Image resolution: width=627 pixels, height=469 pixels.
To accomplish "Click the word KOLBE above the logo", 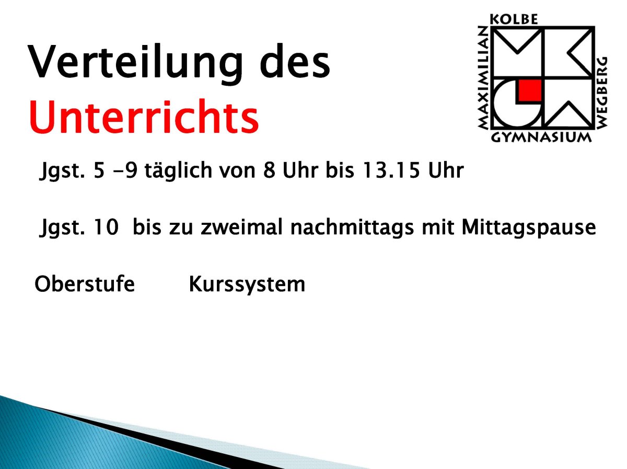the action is (x=514, y=19).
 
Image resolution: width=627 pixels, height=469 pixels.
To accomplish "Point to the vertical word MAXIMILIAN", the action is (x=483, y=78).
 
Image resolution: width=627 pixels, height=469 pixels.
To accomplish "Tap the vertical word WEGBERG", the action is (x=602, y=93).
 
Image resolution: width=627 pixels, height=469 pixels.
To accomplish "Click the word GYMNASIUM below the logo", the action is (x=541, y=138).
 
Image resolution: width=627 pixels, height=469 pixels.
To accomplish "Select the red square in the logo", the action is (x=530, y=90).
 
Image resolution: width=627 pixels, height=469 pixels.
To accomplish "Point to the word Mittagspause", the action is (x=529, y=228).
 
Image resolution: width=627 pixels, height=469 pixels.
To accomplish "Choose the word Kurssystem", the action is (x=247, y=285).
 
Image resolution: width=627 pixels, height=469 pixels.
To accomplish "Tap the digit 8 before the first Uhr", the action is (x=269, y=170).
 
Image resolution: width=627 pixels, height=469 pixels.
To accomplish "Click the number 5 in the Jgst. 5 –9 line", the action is (x=99, y=170).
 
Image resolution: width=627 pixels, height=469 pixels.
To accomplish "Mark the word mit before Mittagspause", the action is (x=438, y=227).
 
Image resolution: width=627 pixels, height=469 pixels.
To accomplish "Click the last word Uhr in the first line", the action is (x=446, y=170).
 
